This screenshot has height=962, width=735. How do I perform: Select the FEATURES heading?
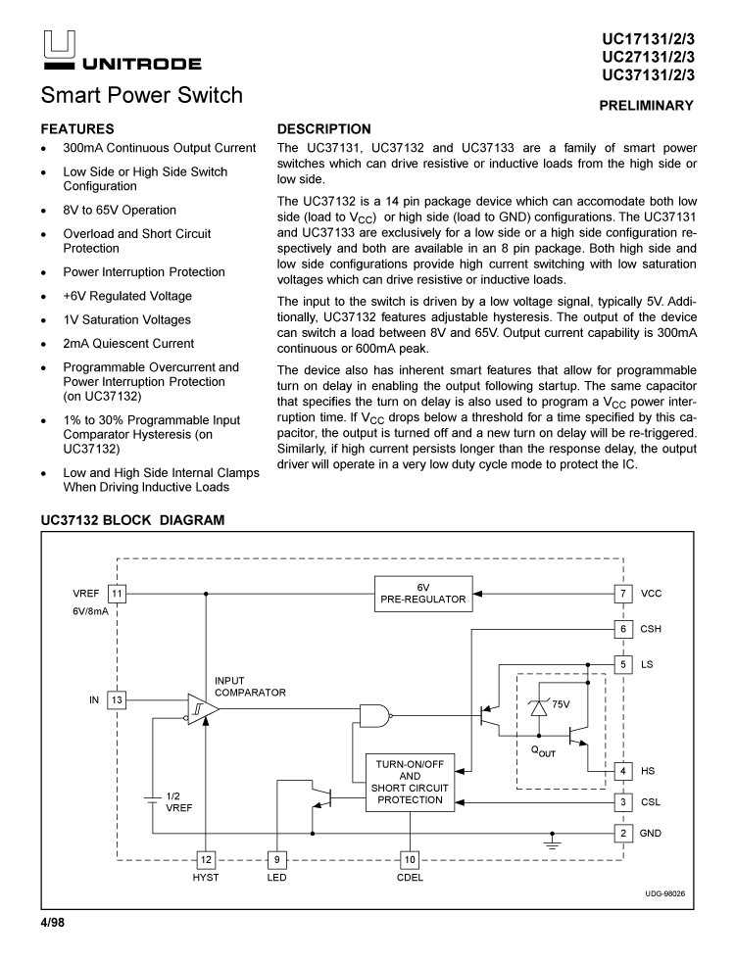coord(77,129)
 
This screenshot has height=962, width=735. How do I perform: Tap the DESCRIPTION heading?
coord(324,129)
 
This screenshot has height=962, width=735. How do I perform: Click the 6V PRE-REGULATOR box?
coord(423,594)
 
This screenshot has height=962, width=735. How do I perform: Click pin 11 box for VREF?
coord(117,594)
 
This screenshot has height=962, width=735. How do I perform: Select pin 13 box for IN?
coord(117,700)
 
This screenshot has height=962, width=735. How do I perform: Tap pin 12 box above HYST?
coord(206,859)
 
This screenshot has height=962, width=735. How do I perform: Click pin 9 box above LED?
coord(277,859)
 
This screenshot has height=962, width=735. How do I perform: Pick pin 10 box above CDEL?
coord(410,859)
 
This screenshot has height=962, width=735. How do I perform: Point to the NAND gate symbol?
coord(373,716)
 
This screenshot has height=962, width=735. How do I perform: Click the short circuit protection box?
coord(410,781)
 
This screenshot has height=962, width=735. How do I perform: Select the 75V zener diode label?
coord(561,704)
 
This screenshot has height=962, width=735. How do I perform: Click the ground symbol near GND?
coord(553,842)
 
